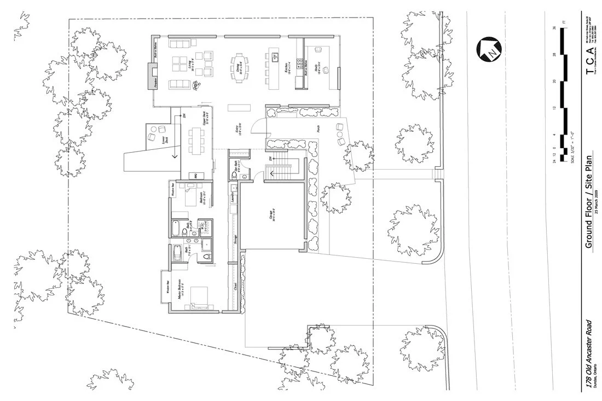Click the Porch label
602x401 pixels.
point(319,129)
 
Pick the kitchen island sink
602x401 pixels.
point(275,55)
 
